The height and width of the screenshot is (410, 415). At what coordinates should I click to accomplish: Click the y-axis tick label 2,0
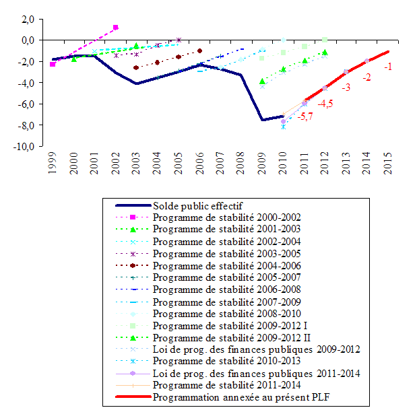(x=28, y=20)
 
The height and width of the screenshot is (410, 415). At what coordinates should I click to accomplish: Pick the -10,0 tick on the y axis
(x=25, y=147)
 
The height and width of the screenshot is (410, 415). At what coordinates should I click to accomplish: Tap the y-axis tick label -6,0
(x=27, y=105)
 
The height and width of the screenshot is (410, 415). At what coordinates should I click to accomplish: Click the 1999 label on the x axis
(x=53, y=164)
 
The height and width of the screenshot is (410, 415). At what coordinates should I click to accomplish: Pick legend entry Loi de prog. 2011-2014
(x=256, y=373)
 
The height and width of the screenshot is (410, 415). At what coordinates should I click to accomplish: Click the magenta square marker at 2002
(x=116, y=28)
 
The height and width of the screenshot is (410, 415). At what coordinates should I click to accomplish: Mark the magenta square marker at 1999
(x=53, y=64)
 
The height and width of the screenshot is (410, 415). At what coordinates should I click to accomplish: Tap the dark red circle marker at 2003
(x=136, y=67)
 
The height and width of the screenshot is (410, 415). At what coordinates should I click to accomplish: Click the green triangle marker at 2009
(x=262, y=81)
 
